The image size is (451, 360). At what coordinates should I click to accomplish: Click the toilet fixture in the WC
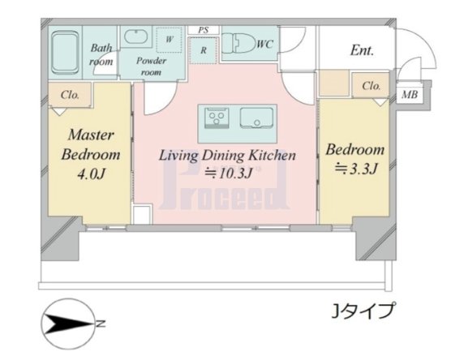click(238, 44)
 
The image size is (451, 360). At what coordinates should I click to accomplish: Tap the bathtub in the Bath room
click(65, 53)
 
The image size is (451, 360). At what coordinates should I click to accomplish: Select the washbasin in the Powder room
click(136, 36)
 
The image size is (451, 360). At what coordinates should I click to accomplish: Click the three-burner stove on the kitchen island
click(217, 118)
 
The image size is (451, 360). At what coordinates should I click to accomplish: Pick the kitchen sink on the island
click(256, 118)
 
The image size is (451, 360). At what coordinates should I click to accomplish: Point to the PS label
click(204, 30)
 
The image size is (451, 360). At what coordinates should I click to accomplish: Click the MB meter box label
click(410, 94)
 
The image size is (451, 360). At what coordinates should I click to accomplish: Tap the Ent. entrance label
click(362, 50)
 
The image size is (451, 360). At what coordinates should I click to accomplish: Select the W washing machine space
click(170, 40)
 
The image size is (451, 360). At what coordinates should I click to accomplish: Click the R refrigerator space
click(204, 51)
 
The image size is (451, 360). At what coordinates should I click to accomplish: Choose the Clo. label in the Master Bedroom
click(70, 95)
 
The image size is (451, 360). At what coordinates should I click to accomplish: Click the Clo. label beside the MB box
click(372, 86)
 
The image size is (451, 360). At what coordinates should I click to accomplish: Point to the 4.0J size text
click(91, 174)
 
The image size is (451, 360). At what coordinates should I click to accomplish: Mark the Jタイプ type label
click(363, 311)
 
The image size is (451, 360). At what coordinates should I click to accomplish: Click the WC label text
click(264, 44)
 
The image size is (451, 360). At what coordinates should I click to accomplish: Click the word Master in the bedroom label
click(91, 135)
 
